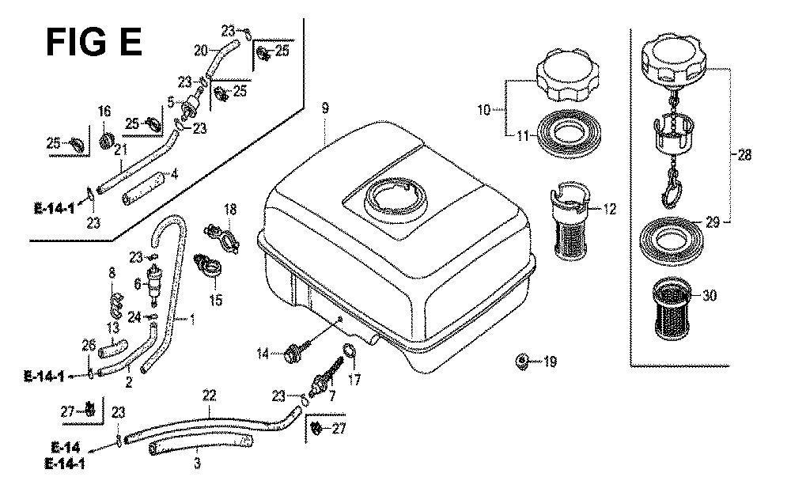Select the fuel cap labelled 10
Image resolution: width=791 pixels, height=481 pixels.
click(564, 78)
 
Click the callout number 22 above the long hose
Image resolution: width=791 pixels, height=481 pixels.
click(210, 393)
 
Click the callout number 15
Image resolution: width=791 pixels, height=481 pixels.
click(216, 300)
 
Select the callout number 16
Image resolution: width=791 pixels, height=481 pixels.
click(104, 111)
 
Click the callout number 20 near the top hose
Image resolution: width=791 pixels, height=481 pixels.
click(202, 49)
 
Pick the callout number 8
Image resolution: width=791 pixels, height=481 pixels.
click(111, 274)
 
